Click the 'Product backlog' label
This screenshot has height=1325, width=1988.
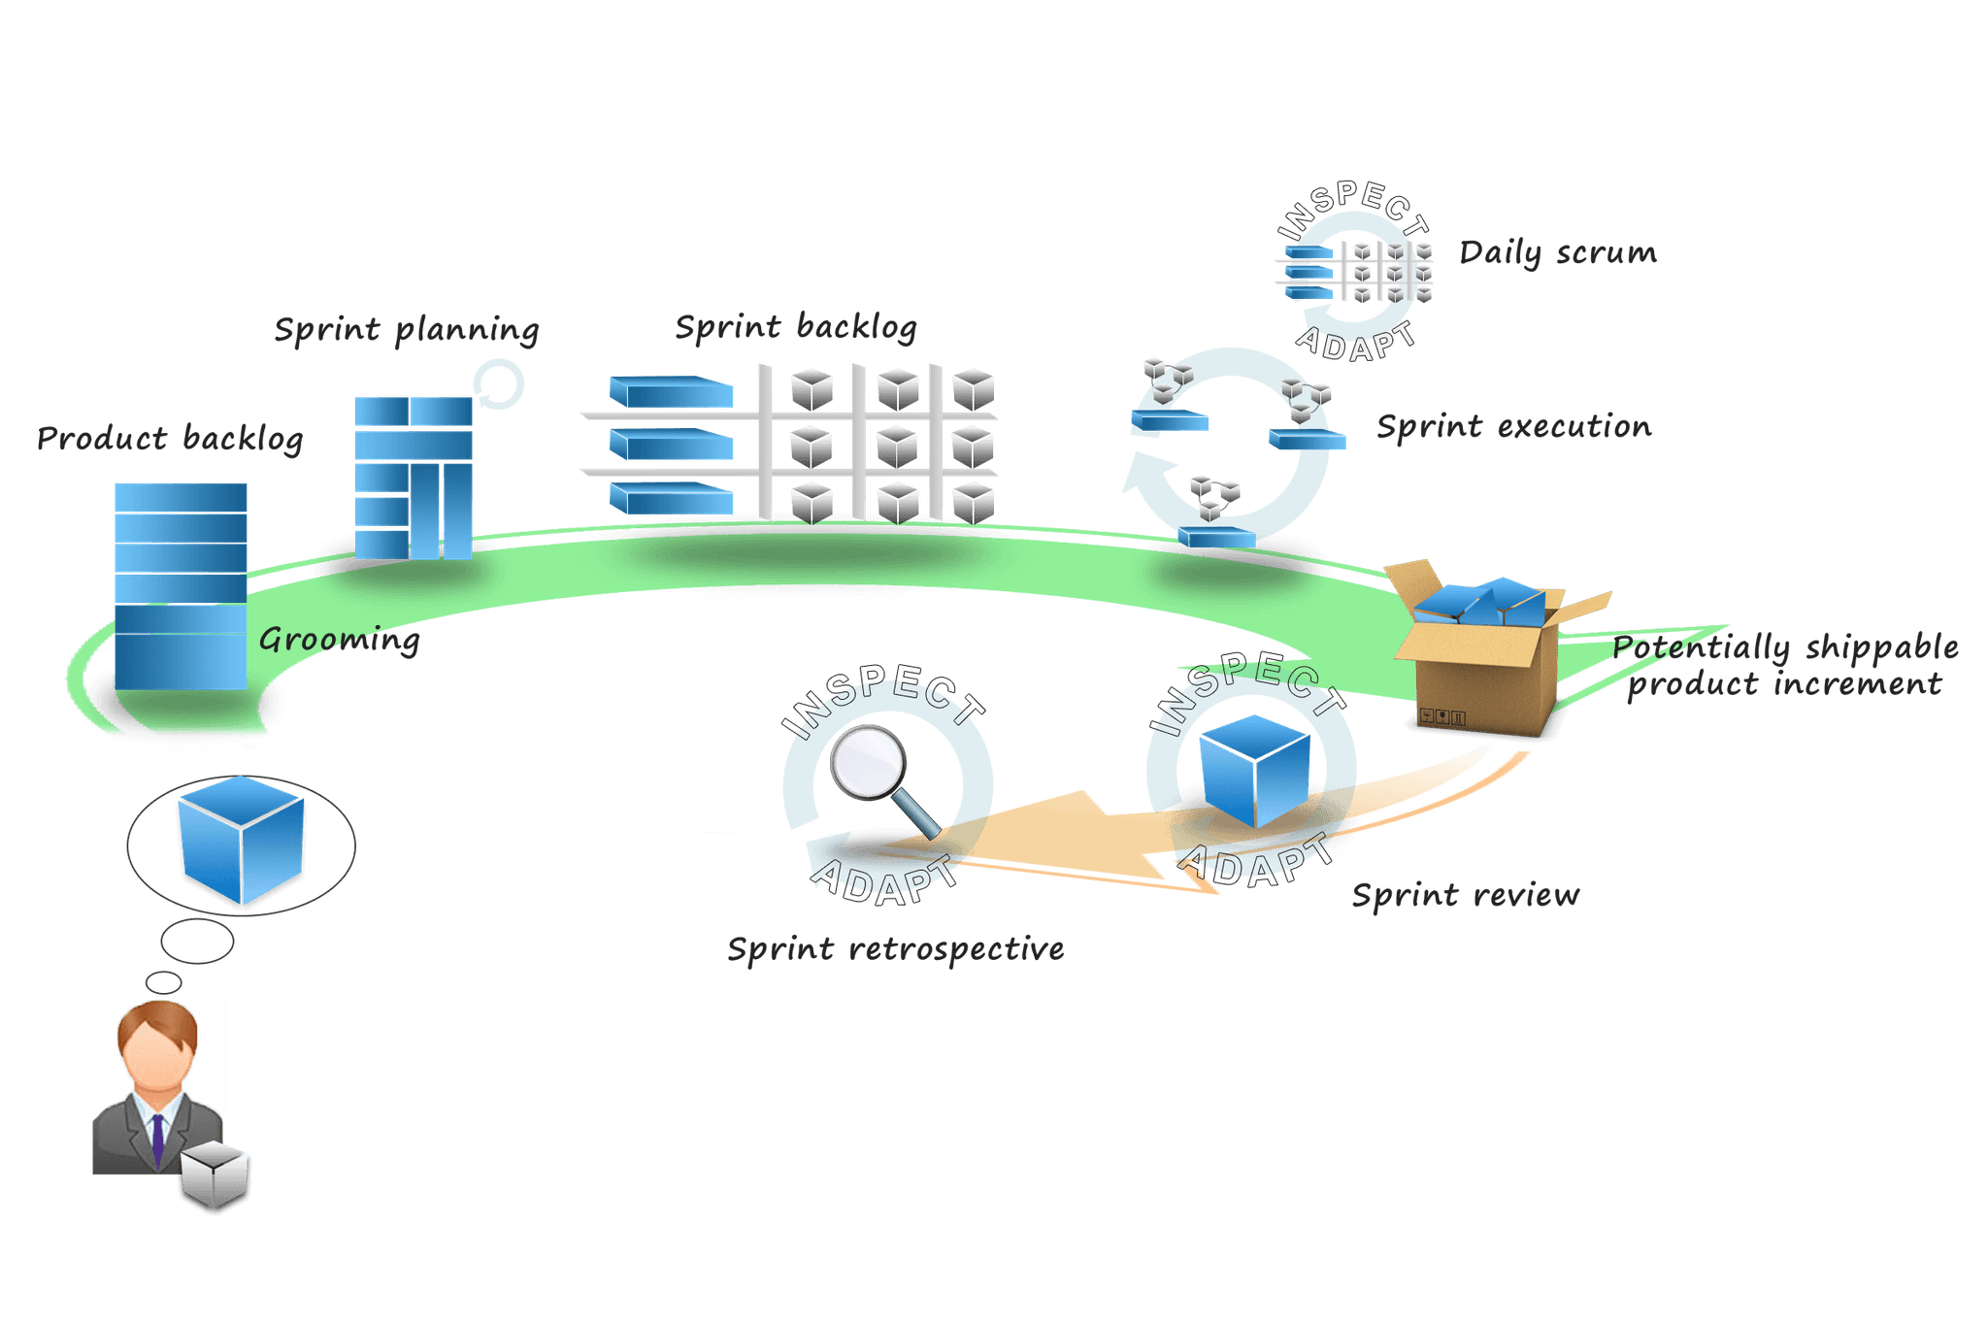tap(170, 439)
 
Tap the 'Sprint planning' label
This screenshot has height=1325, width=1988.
tap(406, 330)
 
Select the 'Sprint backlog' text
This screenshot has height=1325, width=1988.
tap(795, 327)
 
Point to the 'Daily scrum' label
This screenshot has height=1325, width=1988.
tap(1558, 253)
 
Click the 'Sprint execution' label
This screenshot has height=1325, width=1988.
tap(1513, 427)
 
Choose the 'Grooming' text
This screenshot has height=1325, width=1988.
tap(340, 640)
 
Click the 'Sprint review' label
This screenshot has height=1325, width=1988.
tap(1465, 895)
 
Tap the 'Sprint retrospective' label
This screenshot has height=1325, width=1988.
tap(895, 949)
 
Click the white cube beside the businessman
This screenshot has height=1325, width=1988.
tap(215, 1177)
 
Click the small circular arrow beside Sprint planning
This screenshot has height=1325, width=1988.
tap(500, 384)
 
